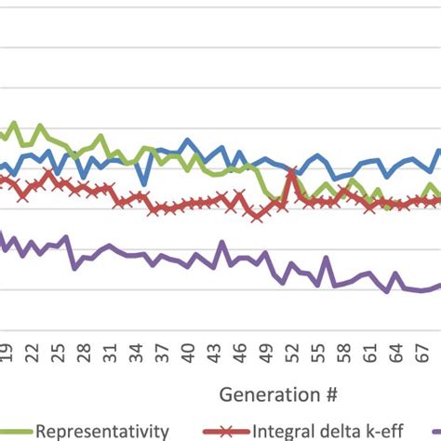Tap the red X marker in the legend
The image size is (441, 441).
click(x=247, y=431)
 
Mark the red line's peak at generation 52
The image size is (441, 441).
click(x=294, y=171)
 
